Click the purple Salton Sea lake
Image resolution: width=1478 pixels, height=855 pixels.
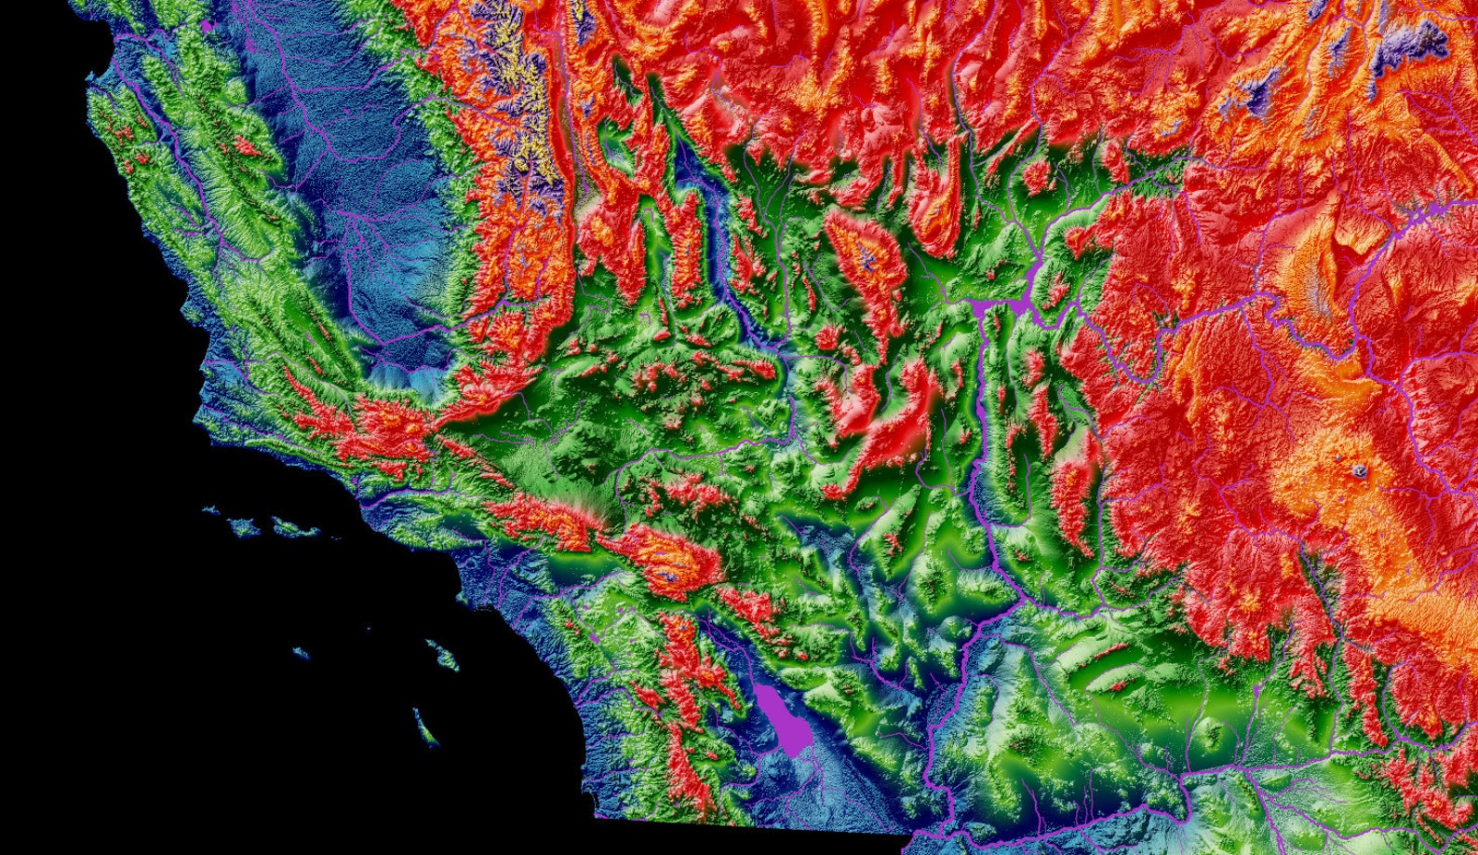point(781,717)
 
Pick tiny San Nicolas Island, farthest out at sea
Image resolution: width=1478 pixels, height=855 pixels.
point(300,653)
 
